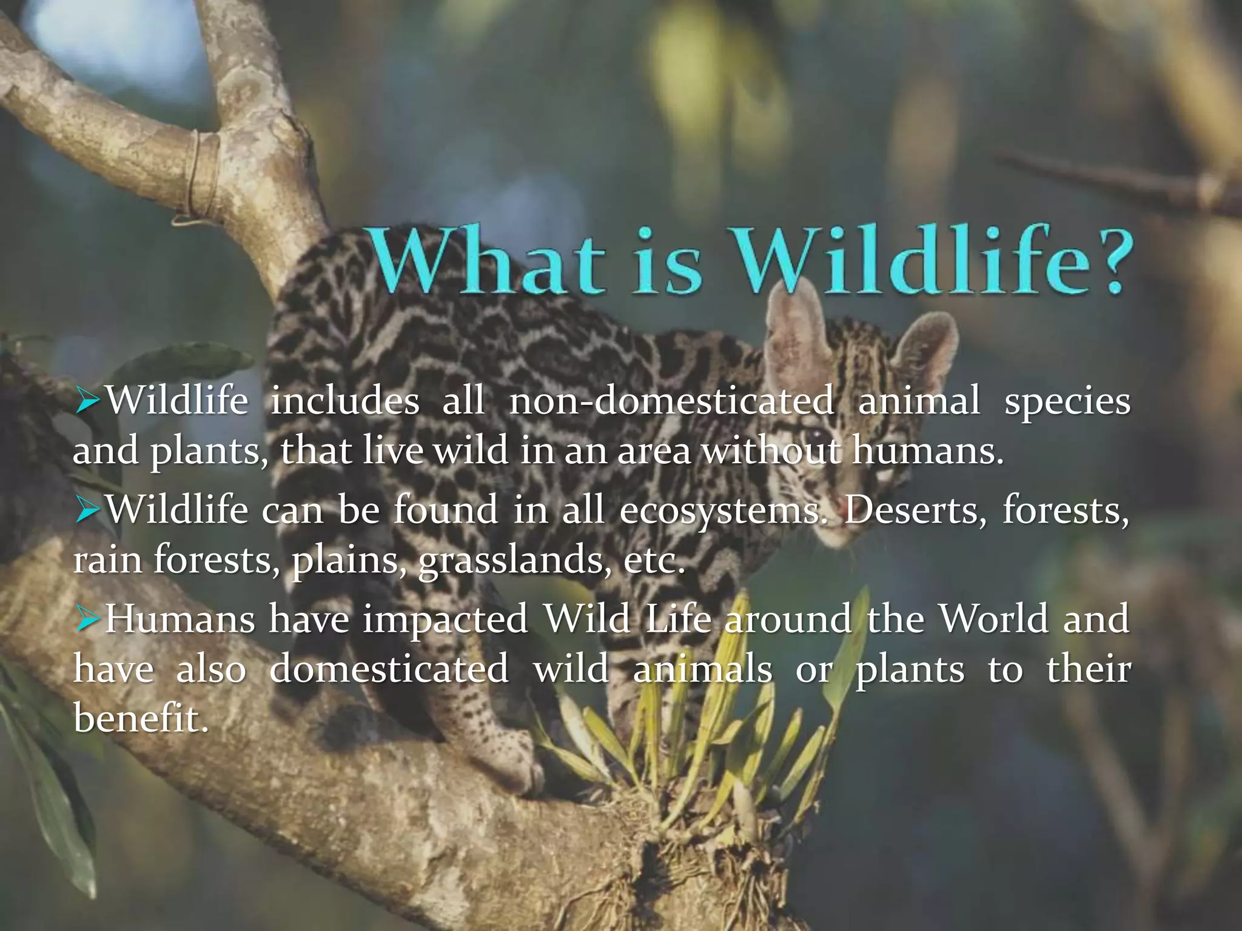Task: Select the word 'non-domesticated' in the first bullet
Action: point(671,401)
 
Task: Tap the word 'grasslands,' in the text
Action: point(515,560)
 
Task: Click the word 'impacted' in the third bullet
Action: point(446,619)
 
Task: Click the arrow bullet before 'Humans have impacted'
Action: point(87,619)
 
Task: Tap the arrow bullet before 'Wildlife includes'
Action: point(87,401)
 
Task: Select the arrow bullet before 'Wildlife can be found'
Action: point(87,510)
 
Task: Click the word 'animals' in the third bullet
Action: point(703,669)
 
